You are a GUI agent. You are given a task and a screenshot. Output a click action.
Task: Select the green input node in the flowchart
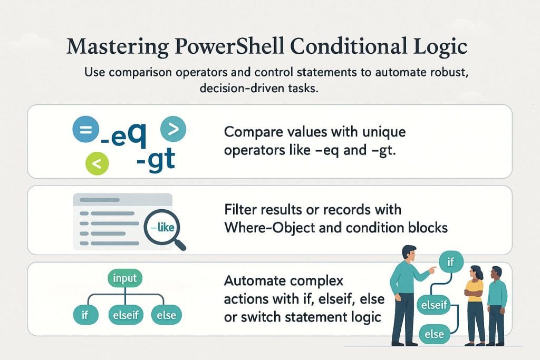124,278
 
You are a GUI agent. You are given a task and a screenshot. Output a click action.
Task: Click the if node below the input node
84,315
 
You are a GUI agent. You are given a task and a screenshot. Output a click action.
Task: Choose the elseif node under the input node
125,315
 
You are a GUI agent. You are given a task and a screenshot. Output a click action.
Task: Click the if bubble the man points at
450,261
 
